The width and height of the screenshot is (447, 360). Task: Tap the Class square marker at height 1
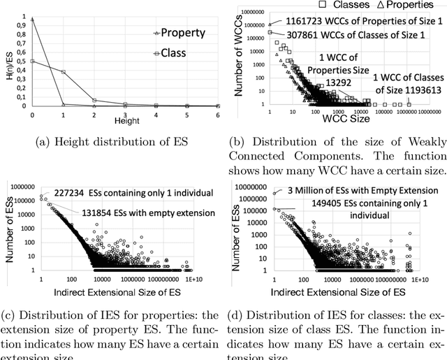coord(64,71)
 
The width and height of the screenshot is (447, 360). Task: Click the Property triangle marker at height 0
coord(33,20)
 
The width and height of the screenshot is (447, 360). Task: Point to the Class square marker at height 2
coord(94,100)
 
